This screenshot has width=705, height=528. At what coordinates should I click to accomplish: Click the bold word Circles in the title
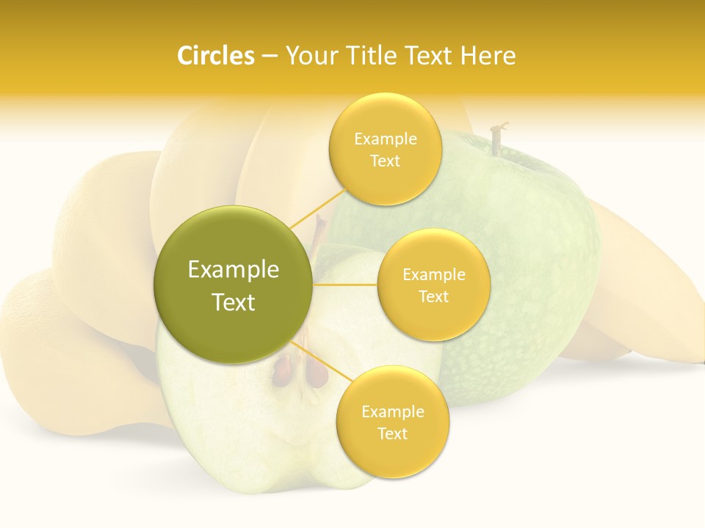216,56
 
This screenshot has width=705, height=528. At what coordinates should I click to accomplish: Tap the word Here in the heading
488,56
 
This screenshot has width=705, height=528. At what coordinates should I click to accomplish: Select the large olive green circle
233,285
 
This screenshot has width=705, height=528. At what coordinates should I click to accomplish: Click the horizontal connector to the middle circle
344,285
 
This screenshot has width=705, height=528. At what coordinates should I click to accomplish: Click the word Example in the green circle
234,270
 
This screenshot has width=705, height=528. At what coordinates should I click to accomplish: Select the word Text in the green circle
234,302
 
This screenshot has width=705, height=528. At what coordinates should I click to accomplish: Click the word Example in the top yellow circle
385,139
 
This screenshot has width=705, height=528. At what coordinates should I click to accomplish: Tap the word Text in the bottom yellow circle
392,434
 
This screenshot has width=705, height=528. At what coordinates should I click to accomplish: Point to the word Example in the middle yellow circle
433,275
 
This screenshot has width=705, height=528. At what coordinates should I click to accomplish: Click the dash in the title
269,56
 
